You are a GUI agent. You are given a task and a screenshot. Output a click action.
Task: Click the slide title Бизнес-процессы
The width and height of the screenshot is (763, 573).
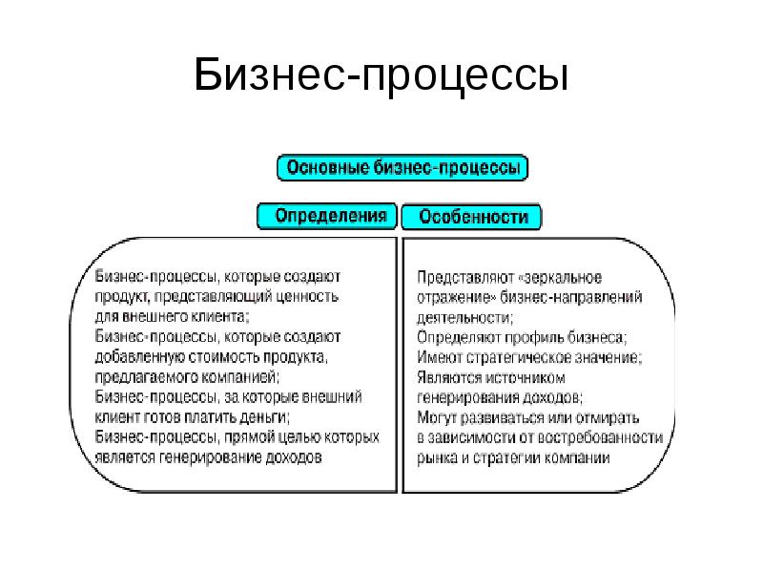click(x=381, y=75)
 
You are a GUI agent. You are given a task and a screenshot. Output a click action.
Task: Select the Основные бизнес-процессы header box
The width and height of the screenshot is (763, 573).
click(x=402, y=168)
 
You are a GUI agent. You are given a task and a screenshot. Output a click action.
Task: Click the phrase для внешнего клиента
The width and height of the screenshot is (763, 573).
click(x=173, y=316)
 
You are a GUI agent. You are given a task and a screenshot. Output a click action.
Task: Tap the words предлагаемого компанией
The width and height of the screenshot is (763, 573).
click(x=186, y=376)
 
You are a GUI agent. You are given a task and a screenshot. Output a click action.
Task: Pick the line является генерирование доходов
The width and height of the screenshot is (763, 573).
click(x=208, y=456)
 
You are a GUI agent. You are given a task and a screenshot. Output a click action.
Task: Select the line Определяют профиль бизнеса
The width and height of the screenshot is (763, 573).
click(x=520, y=337)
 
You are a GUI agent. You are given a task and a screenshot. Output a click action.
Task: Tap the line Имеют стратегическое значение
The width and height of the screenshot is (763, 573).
click(x=529, y=357)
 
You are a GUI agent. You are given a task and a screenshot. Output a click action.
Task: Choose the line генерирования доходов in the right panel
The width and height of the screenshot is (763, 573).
click(x=499, y=397)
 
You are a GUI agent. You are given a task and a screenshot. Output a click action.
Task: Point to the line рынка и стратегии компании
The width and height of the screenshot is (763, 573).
click(x=513, y=457)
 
